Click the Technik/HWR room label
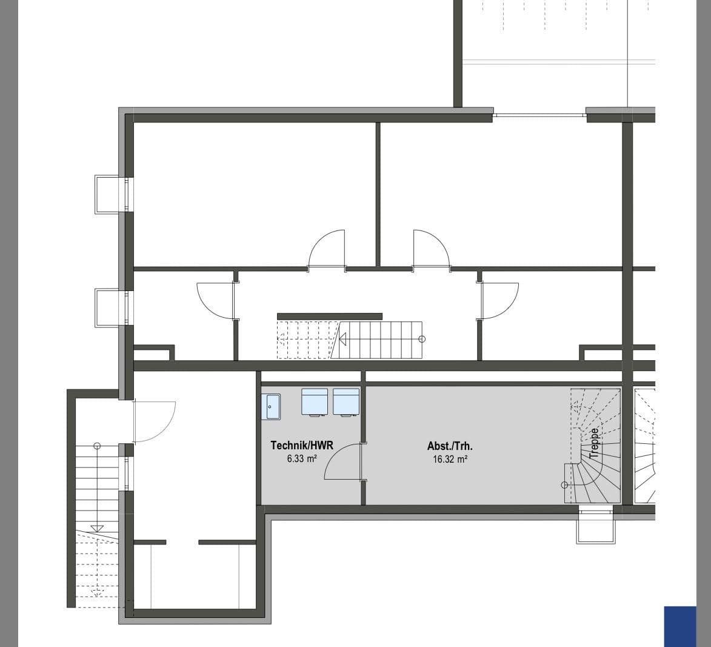click(x=301, y=446)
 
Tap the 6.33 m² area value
click(x=302, y=459)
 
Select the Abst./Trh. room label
click(x=450, y=446)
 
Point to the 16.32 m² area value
click(x=450, y=460)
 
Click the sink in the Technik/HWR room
click(x=271, y=406)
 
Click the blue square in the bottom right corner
click(x=680, y=626)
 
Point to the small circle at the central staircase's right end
click(x=422, y=339)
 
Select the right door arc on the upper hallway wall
click(x=431, y=249)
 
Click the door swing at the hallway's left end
click(x=216, y=300)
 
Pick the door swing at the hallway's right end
click(x=499, y=300)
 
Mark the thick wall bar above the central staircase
click(x=330, y=317)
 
